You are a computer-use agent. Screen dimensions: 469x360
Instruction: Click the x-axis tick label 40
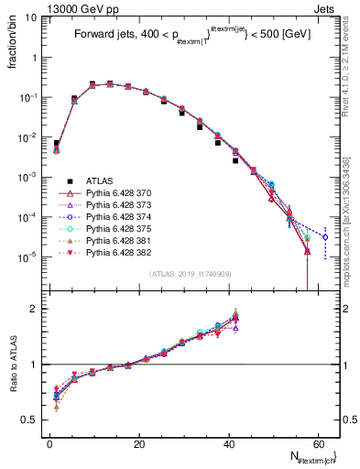[228, 444]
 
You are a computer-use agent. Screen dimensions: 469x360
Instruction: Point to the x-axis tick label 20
[138, 444]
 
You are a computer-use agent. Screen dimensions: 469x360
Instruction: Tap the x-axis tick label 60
[317, 444]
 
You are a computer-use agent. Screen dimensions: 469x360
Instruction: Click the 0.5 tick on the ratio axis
[34, 420]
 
